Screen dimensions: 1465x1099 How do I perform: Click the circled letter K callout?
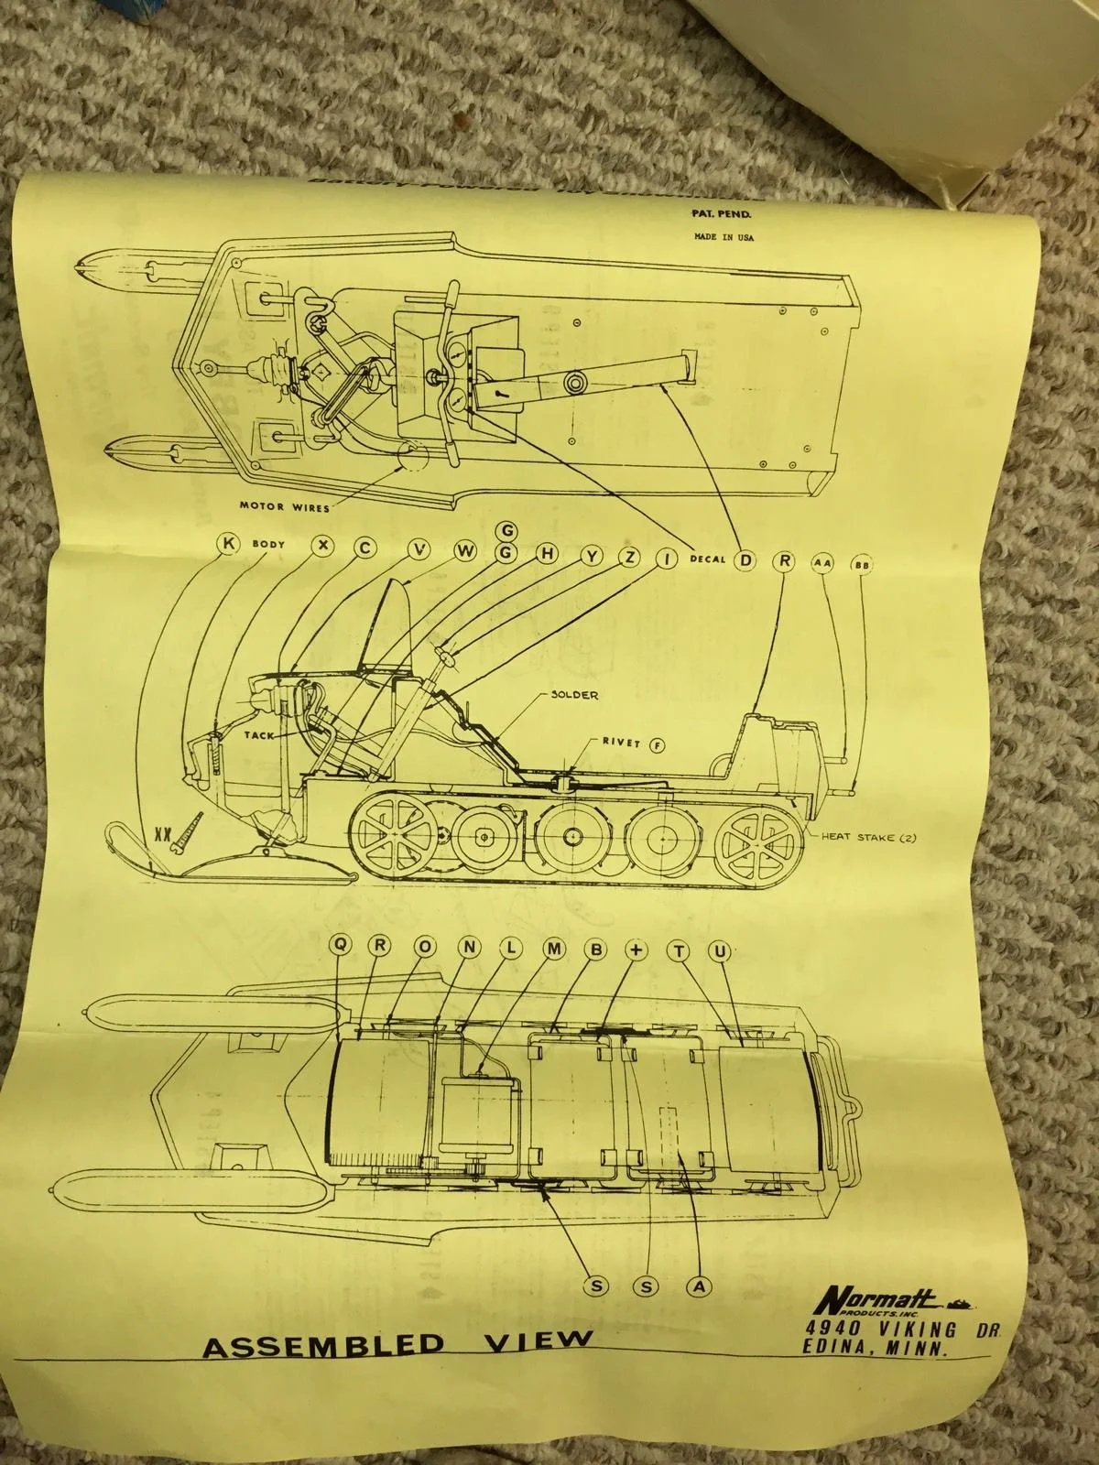[x=228, y=544]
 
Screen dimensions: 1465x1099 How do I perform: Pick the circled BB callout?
[x=863, y=565]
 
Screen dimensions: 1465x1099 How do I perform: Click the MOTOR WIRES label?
[x=285, y=505]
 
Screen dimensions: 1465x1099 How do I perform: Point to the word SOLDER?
[x=574, y=695]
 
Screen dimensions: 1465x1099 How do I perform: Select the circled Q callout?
[x=342, y=950]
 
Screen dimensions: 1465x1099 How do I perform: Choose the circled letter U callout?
[x=720, y=952]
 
